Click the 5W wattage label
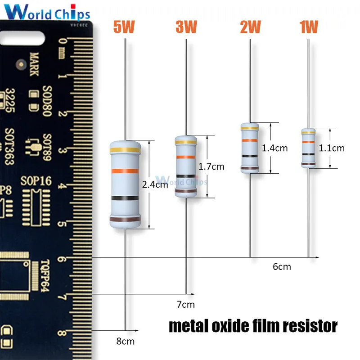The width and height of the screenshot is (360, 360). [x=124, y=27]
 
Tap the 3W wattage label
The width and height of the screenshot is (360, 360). [x=186, y=27]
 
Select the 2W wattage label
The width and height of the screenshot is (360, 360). [x=250, y=27]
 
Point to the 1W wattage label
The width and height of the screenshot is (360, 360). [x=309, y=27]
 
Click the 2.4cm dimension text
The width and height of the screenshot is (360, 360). [x=155, y=184]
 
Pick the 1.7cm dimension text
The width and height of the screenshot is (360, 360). [x=211, y=166]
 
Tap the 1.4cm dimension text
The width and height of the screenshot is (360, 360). [x=274, y=148]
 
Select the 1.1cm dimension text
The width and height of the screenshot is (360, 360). [x=332, y=148]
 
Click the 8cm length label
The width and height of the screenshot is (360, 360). [x=126, y=341]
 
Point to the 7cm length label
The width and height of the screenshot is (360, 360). [x=185, y=305]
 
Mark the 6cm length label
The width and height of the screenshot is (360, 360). [x=282, y=267]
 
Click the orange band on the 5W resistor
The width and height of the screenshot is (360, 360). [x=125, y=171]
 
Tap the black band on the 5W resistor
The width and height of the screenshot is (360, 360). [x=125, y=198]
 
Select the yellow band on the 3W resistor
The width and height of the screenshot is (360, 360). [x=186, y=143]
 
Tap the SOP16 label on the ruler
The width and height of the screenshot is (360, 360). [x=36, y=181]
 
